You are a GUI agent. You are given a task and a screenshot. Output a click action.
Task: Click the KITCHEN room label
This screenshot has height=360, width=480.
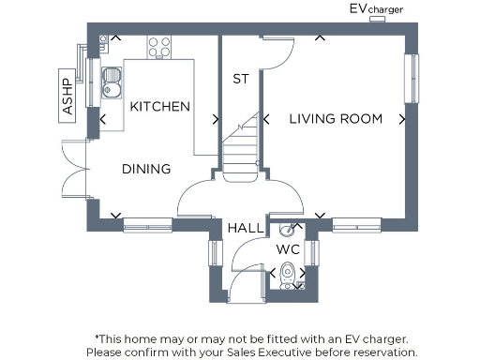click(x=160, y=107)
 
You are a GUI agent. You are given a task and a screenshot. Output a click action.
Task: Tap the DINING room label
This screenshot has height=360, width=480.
click(x=146, y=170)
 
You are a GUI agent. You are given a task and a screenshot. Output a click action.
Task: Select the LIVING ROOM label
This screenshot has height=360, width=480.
click(x=335, y=119)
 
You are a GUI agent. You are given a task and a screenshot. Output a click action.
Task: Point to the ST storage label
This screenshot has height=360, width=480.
click(x=241, y=80)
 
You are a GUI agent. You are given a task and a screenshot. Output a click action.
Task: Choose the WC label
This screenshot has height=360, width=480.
click(x=287, y=250)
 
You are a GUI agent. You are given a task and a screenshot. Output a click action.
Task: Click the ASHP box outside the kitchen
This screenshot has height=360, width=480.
click(x=67, y=94)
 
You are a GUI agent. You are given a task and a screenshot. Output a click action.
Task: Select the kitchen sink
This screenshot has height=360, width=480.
click(x=110, y=82)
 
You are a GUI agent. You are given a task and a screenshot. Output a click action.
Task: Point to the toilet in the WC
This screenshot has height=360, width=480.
click(x=290, y=274)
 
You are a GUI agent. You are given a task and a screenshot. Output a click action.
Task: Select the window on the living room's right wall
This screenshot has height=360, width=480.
click(x=410, y=79)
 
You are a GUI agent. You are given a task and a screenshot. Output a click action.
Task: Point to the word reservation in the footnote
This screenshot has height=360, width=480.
click(x=380, y=352)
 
